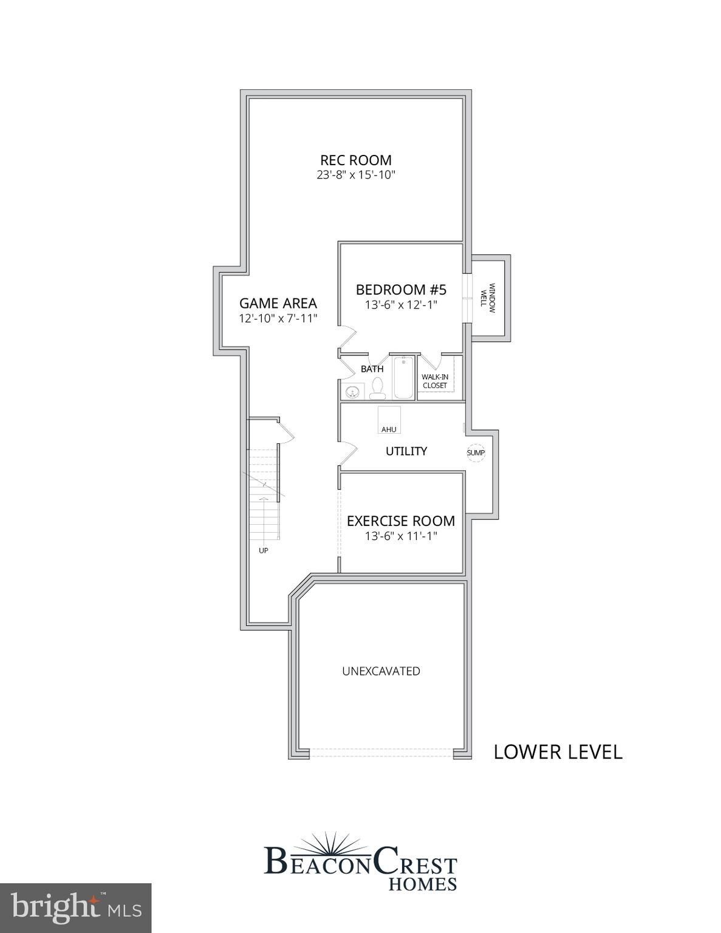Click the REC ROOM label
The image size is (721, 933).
coord(356,160)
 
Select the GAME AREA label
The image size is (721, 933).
coord(278,303)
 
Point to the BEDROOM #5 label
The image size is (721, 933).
coord(401,289)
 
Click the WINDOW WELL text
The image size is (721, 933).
coord(488,298)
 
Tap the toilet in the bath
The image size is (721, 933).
coord(377,387)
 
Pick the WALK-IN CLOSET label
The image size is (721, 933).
coord(435,381)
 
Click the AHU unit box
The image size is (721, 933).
coord(389,420)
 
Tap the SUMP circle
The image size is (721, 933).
coord(476,453)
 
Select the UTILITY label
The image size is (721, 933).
coord(406,451)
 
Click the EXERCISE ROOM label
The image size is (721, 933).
coord(401,521)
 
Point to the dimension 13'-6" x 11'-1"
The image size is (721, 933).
coord(401,536)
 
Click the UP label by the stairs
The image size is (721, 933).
coord(264,550)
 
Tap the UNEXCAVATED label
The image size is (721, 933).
coord(381,671)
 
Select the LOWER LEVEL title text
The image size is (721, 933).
coord(558,752)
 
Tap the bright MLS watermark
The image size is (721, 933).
coord(76,908)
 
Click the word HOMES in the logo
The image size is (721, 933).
coord(422,884)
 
